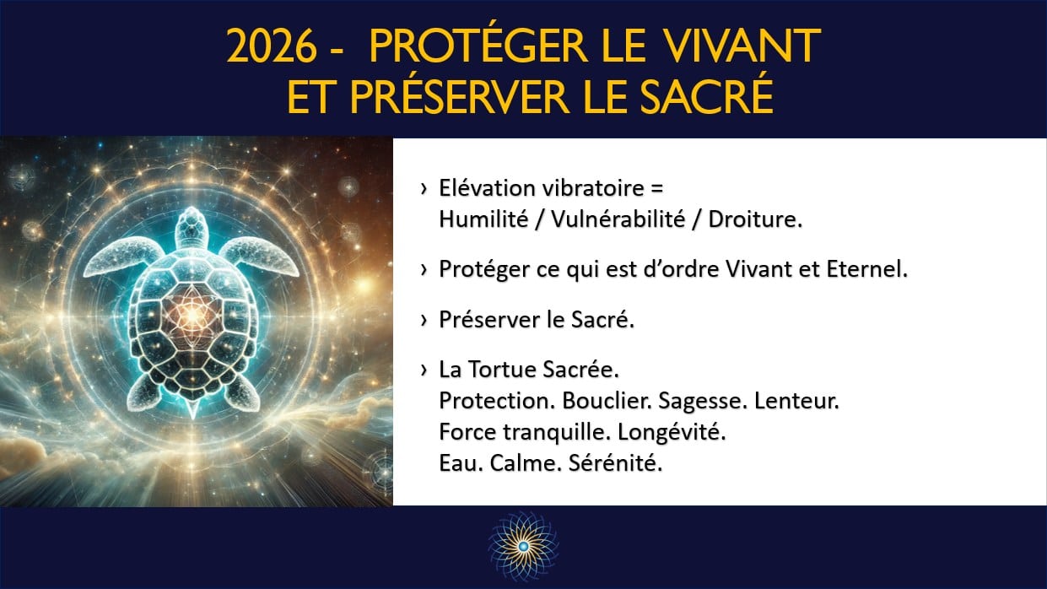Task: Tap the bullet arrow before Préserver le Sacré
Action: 423,322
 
